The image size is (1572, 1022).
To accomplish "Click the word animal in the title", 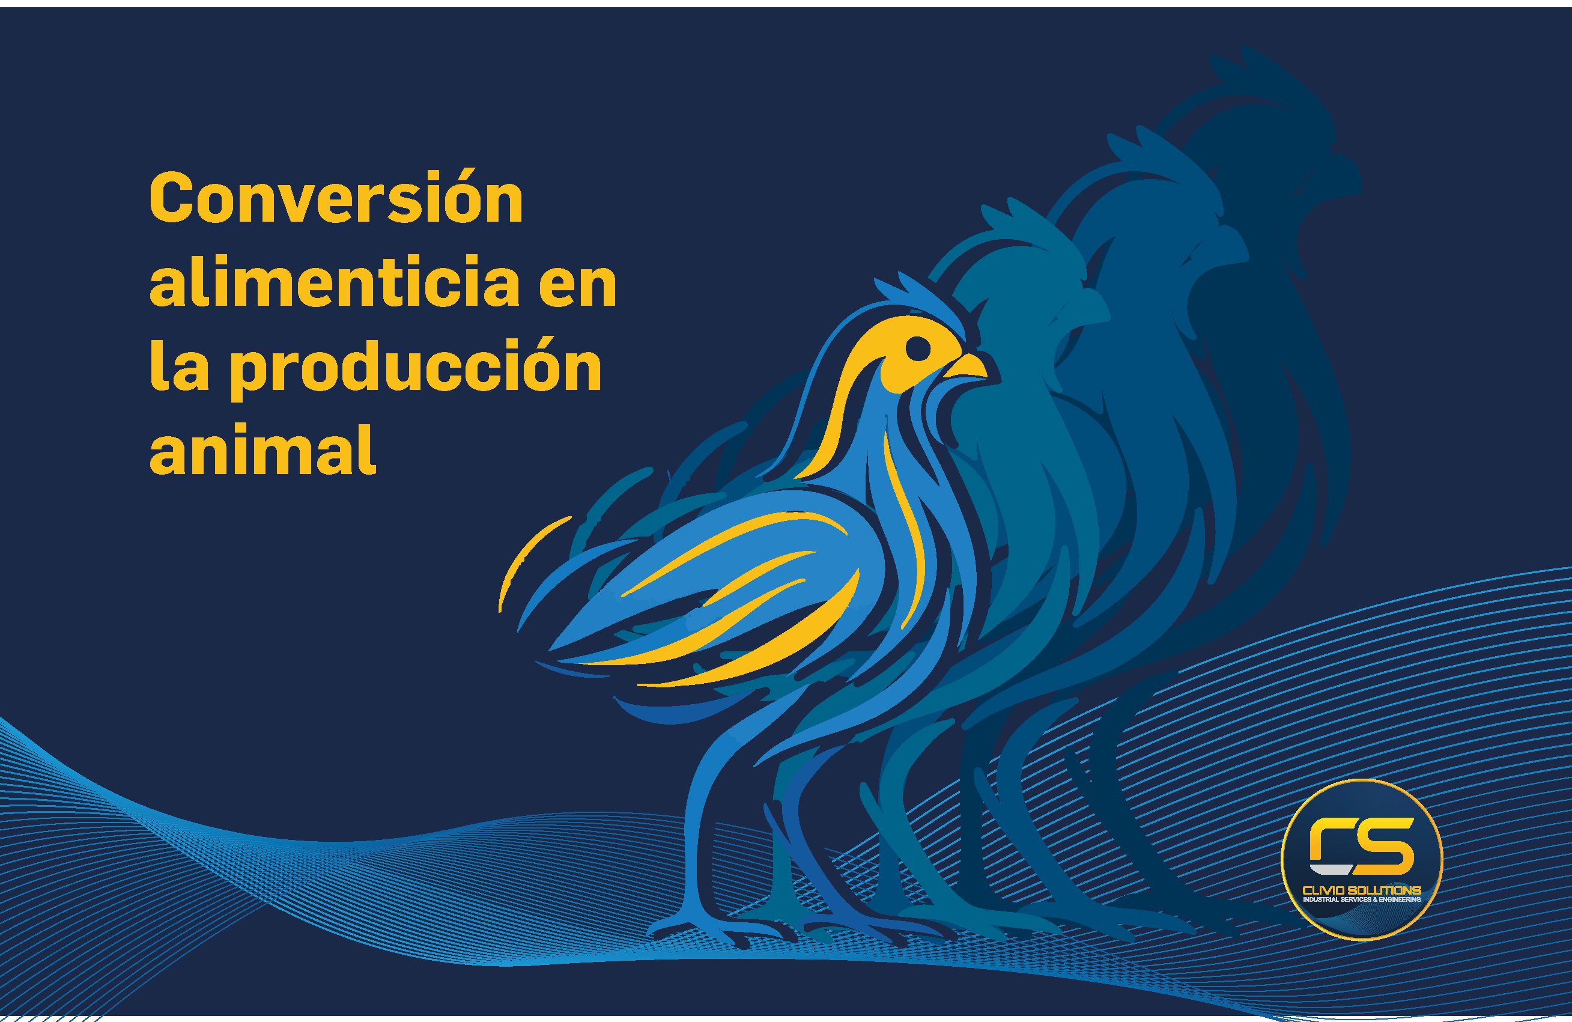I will click(x=263, y=451).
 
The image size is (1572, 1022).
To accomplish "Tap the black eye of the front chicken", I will click(x=917, y=347).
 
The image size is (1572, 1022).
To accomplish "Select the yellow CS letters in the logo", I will click(x=1361, y=845).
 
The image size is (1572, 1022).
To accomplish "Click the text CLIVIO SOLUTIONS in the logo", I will click(x=1361, y=890).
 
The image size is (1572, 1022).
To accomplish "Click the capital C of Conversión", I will click(x=171, y=198).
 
